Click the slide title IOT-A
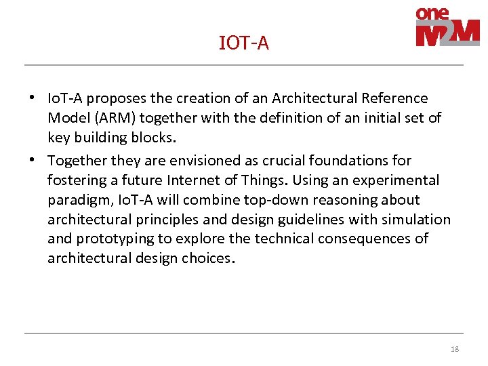point(244,43)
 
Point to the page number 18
point(454,349)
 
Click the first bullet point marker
point(32,98)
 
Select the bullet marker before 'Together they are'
point(32,161)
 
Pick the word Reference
point(396,99)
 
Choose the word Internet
point(192,180)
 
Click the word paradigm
point(73,200)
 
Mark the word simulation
point(416,220)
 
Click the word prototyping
point(113,239)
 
